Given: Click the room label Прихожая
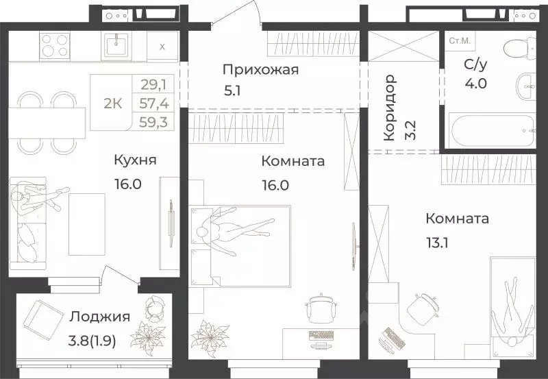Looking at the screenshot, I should pos(260,69).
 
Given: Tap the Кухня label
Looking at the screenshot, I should pos(136,160).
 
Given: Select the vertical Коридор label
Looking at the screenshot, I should pos(390,108).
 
